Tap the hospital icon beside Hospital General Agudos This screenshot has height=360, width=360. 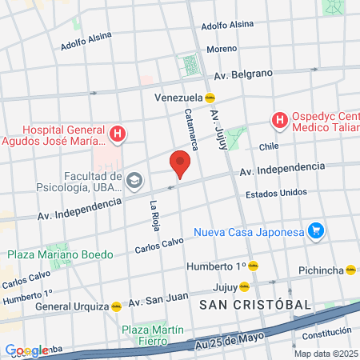click(118, 134)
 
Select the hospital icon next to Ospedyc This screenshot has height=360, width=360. click(280, 121)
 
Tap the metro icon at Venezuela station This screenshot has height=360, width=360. click(210, 98)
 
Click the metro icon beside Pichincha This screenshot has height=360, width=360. click(351, 270)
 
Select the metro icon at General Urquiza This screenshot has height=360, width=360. click(116, 306)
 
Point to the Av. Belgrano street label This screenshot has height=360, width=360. click(249, 74)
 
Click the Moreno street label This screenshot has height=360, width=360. click(222, 49)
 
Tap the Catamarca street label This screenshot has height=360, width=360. click(191, 130)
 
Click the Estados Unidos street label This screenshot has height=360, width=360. click(276, 193)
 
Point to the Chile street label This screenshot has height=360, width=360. click(267, 146)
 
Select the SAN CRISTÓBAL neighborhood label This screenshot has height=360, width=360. click(255, 305)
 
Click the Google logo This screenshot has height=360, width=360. click(26, 350)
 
